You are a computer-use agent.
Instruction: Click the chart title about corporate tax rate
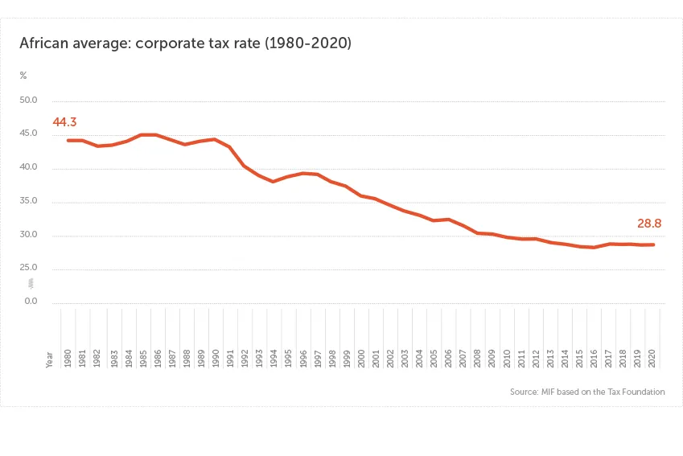(186, 43)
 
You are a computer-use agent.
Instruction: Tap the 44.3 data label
(64, 122)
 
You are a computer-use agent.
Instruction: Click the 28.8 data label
(649, 224)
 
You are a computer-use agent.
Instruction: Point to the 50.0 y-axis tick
(29, 101)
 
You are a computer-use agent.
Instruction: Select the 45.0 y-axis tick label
(29, 134)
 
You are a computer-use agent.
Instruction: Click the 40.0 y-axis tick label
(29, 168)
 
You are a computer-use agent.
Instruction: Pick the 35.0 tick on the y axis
(29, 202)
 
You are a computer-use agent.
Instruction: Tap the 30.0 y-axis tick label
(29, 236)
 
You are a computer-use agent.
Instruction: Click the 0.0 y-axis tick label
(30, 302)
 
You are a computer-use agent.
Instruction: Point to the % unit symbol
(23, 76)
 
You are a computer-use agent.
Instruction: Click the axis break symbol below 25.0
(31, 283)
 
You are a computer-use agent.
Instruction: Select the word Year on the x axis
(50, 359)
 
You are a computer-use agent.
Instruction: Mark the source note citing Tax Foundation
(587, 392)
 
